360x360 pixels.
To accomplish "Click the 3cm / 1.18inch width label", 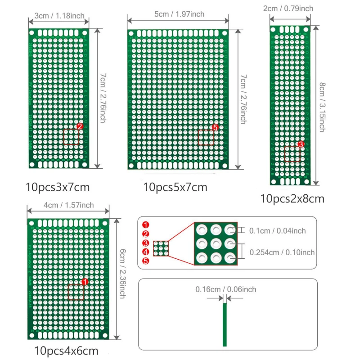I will tap(58, 16).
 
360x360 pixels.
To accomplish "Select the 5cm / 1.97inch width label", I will tap(179, 14).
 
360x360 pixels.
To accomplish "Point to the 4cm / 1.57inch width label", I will tap(68, 205).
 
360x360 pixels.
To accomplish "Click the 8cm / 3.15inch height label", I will tap(322, 106).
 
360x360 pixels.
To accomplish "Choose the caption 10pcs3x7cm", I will tap(58, 186).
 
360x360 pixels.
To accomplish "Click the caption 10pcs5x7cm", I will tap(175, 186).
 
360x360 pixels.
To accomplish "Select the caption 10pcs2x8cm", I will tap(292, 198).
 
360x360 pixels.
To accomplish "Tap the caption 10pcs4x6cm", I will tap(66, 350).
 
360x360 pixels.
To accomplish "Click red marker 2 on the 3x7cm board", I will tap(80, 127).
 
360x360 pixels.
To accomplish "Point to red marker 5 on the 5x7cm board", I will tap(215, 128).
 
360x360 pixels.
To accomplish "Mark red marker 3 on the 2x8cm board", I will tap(301, 144).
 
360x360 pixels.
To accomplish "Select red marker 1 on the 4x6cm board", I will tap(85, 282).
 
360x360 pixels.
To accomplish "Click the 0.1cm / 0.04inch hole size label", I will tap(278, 231).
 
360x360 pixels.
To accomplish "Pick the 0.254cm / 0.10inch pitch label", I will tap(282, 252).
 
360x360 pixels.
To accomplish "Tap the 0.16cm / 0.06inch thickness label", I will tap(225, 289).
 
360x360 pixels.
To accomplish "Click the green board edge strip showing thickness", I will tap(225, 324).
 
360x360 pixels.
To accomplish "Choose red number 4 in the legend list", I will tap(145, 252).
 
